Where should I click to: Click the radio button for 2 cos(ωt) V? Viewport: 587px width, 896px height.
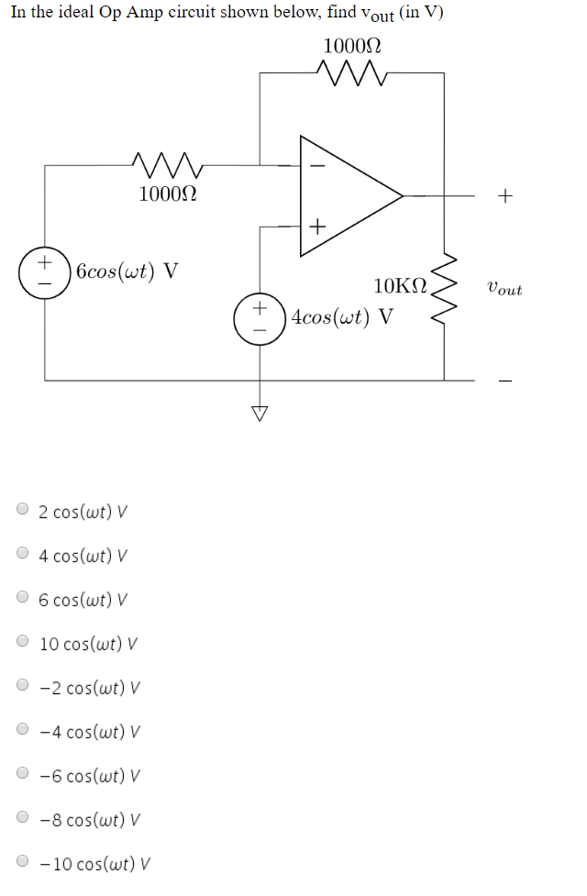[23, 510]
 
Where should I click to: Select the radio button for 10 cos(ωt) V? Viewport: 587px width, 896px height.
[23, 642]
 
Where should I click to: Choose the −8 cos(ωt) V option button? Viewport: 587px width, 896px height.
[23, 818]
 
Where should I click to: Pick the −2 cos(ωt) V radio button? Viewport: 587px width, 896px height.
[23, 686]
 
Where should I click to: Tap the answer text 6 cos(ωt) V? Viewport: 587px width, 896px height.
[83, 599]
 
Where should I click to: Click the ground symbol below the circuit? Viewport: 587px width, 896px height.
[260, 412]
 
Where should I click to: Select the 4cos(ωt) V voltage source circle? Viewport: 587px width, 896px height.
[261, 317]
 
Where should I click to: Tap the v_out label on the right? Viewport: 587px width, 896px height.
[505, 289]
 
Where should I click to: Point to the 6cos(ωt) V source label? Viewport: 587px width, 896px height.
[127, 271]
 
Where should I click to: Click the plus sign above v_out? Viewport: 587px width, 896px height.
[505, 195]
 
